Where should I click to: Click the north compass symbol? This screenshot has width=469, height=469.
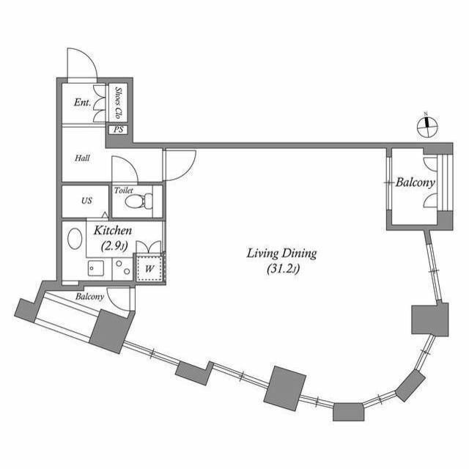pos(427,125)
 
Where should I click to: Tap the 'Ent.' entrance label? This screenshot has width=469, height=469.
pos(82,103)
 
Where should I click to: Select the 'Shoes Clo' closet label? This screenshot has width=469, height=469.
pos(118,103)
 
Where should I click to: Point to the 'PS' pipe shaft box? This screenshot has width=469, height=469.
pos(118,130)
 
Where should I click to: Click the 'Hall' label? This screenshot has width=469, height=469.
pos(82,158)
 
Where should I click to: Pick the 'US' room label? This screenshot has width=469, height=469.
pos(86,201)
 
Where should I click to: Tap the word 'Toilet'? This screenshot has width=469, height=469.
pos(125,190)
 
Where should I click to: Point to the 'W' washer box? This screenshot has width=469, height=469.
pos(149,268)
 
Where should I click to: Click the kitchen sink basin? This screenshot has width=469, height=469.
pos(94,267)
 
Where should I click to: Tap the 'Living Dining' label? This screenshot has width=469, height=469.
pos(281,254)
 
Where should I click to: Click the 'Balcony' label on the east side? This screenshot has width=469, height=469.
pos(416,182)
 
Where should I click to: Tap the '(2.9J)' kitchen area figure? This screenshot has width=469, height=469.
pos(115,246)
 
